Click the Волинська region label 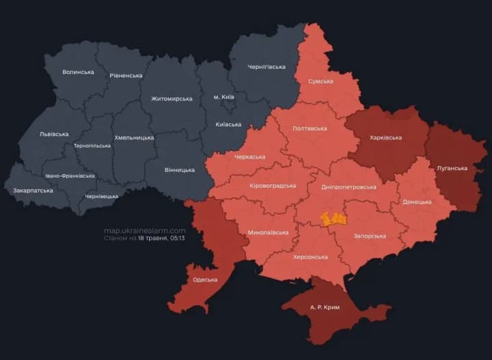pos(78,72)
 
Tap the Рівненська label pos(126,75)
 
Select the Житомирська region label pos(172,98)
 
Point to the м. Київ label pos(223,97)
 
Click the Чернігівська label pos(266,66)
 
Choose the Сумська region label pos(320,81)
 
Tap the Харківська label pos(385,137)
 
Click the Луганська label pos(452,167)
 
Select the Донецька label pos(417,202)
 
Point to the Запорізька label pos(369,236)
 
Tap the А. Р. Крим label pos(324,307)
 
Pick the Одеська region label pos(205,279)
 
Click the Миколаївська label pos(267,232)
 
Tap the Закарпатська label pos(33,191)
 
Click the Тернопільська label pos(92,146)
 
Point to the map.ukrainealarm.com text pos(144,230)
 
